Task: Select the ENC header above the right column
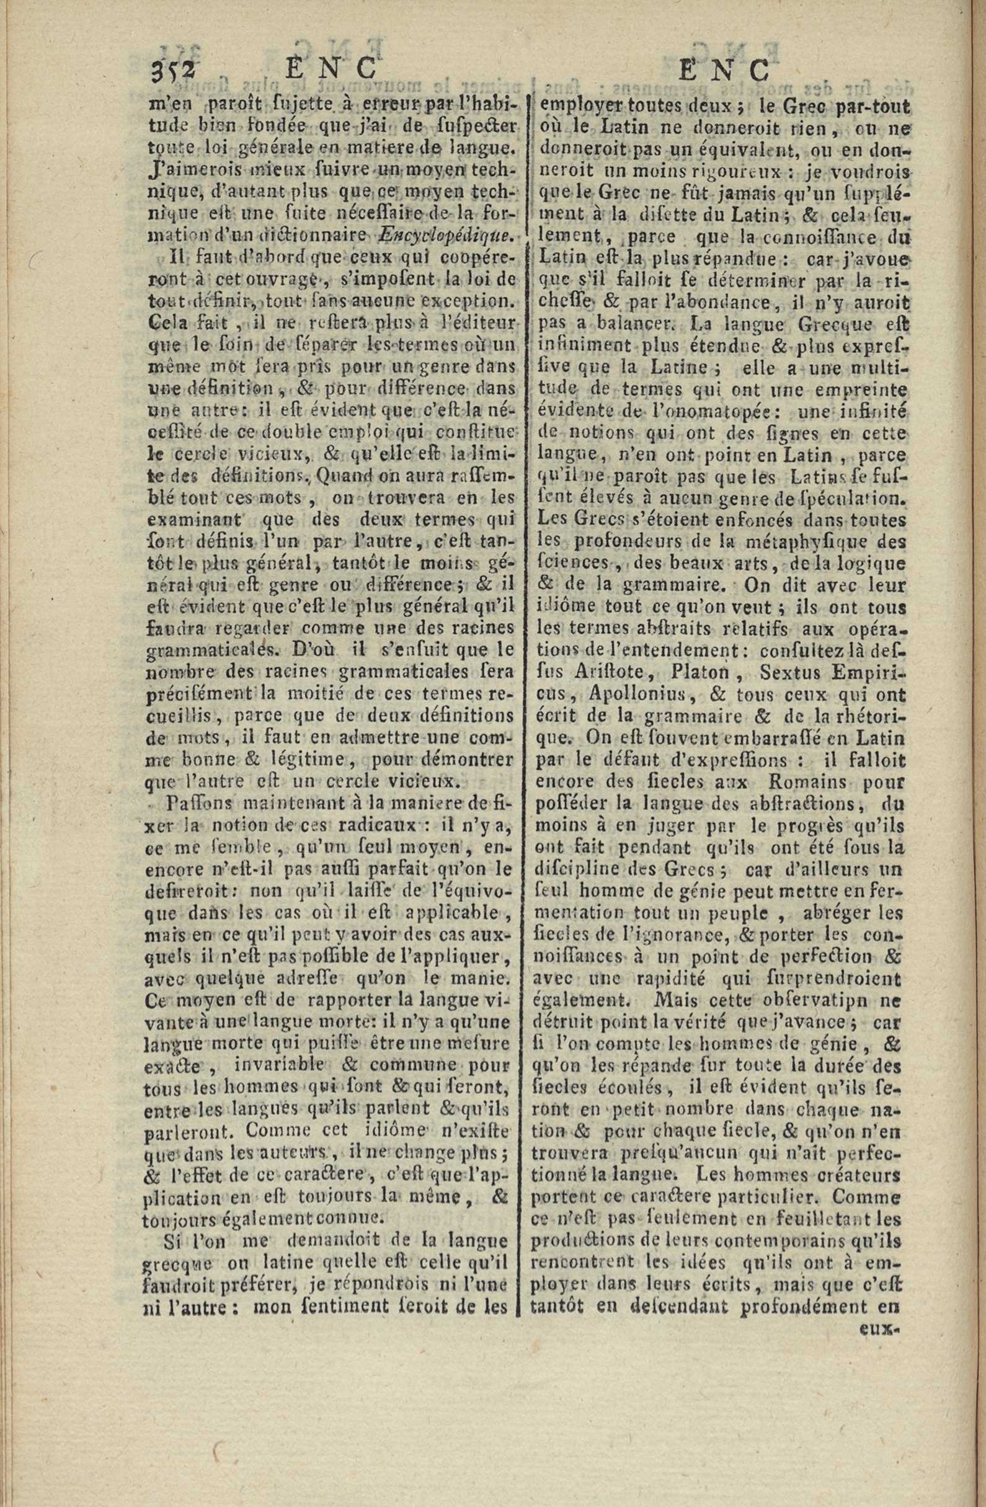pos(725,69)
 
